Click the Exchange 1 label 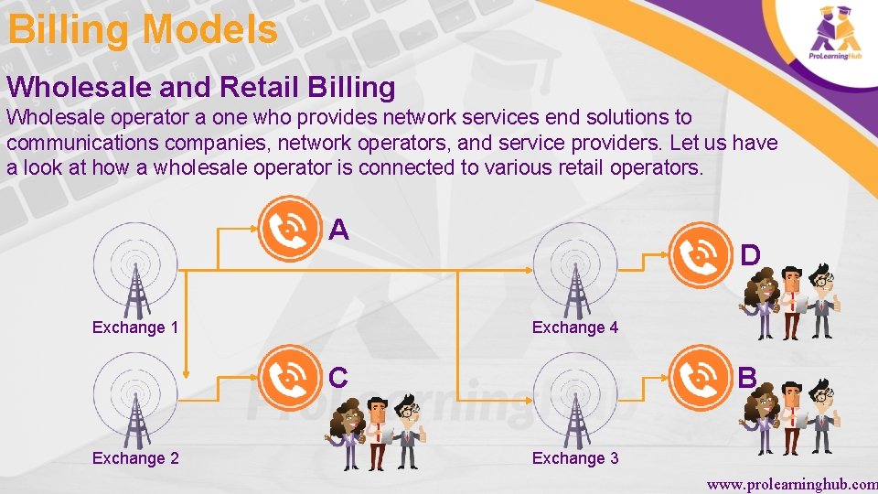pyautogui.click(x=134, y=328)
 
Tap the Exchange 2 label pyautogui.click(x=134, y=457)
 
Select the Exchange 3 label pyautogui.click(x=575, y=457)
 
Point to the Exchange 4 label pyautogui.click(x=575, y=328)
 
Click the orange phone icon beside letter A pyautogui.click(x=290, y=228)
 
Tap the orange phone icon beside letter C pyautogui.click(x=290, y=376)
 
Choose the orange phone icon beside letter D pyautogui.click(x=702, y=253)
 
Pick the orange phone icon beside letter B pyautogui.click(x=702, y=376)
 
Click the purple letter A pyautogui.click(x=338, y=230)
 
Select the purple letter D pyautogui.click(x=750, y=255)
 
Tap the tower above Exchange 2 pyautogui.click(x=134, y=403)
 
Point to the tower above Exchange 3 pyautogui.click(x=575, y=403)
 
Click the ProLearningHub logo pyautogui.click(x=835, y=36)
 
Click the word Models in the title pyautogui.click(x=209, y=29)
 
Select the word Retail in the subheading pyautogui.click(x=259, y=87)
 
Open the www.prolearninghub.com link pyautogui.click(x=791, y=482)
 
